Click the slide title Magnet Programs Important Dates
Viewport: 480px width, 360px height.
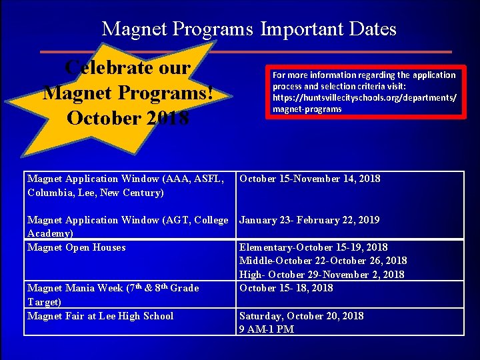tap(249, 29)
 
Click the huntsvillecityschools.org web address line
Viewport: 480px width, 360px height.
tap(364, 97)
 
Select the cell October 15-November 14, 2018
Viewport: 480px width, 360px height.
tap(309, 179)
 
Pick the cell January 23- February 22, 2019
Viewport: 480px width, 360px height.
tap(309, 220)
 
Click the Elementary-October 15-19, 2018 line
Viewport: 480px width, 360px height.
tap(313, 247)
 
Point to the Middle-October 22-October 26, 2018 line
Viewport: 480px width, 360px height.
tap(323, 261)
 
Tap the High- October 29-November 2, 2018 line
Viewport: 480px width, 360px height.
tap(321, 275)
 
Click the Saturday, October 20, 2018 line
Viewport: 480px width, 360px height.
tap(301, 316)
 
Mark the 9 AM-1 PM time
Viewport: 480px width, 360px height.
tap(267, 329)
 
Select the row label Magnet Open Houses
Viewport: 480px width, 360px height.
tap(77, 247)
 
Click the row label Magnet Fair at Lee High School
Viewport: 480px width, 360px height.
tap(100, 316)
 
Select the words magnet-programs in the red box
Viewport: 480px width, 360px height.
tap(307, 109)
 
